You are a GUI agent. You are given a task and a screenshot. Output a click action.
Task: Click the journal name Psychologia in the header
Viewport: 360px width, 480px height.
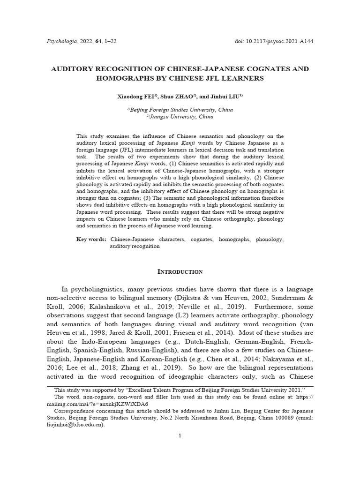pos(62,41)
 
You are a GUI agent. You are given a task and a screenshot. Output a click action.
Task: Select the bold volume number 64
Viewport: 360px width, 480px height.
pos(98,41)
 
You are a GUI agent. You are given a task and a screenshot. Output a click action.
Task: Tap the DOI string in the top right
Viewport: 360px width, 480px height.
pos(274,41)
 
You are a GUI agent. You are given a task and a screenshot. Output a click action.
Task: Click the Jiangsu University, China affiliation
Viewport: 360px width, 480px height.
pos(180,117)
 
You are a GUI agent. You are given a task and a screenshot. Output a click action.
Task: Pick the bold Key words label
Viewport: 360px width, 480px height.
pos(91,240)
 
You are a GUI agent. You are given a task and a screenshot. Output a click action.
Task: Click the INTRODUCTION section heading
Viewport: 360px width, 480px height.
pos(180,272)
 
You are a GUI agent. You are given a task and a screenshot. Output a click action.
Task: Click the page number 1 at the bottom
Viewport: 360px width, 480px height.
pos(180,436)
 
